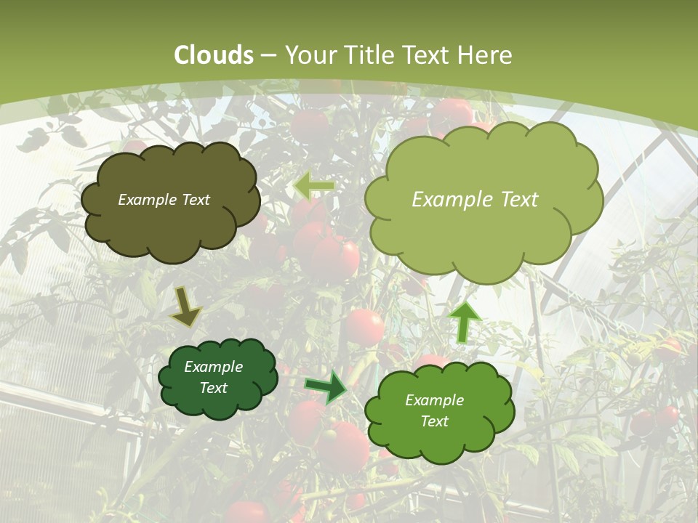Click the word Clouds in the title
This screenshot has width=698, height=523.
214,55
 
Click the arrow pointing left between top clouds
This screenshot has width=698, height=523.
313,186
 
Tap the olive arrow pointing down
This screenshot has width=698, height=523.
185,307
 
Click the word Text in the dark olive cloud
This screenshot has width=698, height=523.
196,200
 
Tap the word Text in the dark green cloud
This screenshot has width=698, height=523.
214,388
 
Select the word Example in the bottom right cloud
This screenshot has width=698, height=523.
434,400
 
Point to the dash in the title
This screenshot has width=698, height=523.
269,55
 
